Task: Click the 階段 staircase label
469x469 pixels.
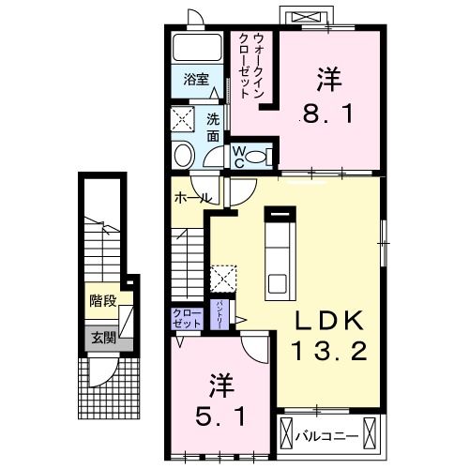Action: [102, 302]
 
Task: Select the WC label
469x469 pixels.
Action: [239, 155]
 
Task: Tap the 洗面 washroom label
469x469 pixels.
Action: [213, 128]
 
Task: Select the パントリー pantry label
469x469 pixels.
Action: [219, 311]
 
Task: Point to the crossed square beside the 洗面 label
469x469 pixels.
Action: [183, 119]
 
